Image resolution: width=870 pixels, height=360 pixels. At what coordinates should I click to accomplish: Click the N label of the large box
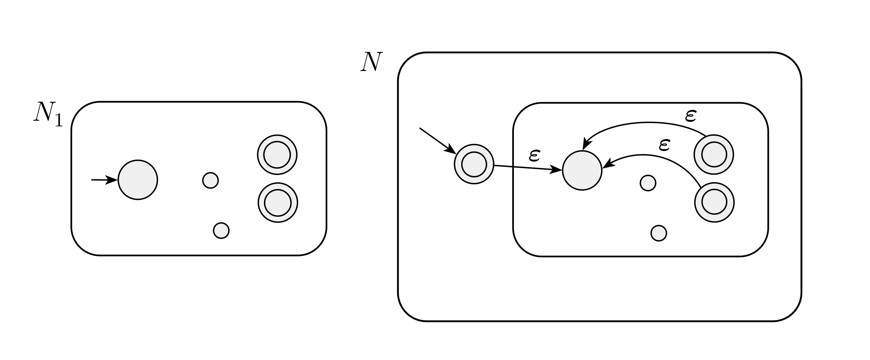tap(371, 62)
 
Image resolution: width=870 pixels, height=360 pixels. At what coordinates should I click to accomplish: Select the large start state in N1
tap(138, 180)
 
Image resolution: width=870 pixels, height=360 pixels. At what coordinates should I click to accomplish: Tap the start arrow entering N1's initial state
tap(104, 180)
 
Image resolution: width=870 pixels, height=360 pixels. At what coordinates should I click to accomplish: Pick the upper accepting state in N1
tap(277, 155)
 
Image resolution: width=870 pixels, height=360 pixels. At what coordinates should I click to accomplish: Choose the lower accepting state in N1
tap(278, 203)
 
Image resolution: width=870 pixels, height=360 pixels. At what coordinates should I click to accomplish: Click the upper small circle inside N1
tap(211, 180)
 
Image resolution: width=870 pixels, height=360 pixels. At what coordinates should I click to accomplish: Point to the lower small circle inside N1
tap(221, 230)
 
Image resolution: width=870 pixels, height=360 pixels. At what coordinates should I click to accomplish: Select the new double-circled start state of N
tap(474, 164)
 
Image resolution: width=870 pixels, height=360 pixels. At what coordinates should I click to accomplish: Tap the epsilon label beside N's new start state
tap(534, 156)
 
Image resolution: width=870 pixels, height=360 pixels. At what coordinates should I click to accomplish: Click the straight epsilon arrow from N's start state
tap(528, 168)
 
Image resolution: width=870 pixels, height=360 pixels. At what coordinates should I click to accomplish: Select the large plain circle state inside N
tap(582, 170)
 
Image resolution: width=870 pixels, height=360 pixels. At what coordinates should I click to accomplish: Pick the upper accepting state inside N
tap(714, 155)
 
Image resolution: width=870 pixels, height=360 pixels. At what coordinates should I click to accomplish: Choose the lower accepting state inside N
tap(715, 203)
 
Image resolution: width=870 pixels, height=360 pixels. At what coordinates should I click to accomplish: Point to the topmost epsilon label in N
tap(690, 116)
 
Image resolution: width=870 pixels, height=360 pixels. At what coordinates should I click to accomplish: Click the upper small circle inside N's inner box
tap(648, 183)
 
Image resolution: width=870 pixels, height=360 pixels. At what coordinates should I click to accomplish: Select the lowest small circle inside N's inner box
tap(659, 233)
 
